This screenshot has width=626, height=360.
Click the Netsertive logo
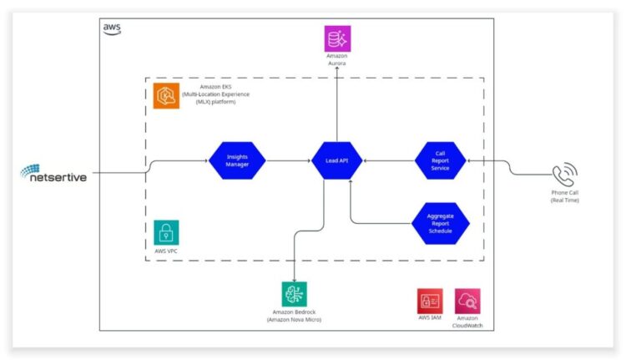click(54, 174)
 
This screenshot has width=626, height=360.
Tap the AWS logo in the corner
click(112, 28)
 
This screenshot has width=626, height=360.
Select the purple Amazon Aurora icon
click(337, 38)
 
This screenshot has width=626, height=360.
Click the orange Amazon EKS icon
click(166, 97)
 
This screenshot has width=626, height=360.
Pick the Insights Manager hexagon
click(237, 160)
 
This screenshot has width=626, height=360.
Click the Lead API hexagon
click(337, 160)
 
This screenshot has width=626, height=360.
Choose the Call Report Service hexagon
click(440, 160)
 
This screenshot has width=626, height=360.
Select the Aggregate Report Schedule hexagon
click(440, 223)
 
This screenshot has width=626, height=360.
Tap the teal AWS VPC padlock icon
click(166, 232)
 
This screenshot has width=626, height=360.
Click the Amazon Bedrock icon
click(294, 293)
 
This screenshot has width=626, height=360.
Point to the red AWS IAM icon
click(430, 301)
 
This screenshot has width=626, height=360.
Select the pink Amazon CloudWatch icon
click(467, 301)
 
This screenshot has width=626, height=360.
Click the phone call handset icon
click(563, 175)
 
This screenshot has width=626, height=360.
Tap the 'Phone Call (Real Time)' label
click(564, 197)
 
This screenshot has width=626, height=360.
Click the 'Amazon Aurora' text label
click(337, 60)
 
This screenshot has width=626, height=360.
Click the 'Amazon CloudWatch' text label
click(467, 322)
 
